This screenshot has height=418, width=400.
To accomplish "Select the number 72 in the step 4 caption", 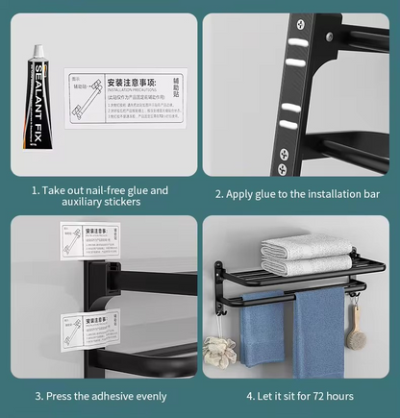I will tap(319, 396).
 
